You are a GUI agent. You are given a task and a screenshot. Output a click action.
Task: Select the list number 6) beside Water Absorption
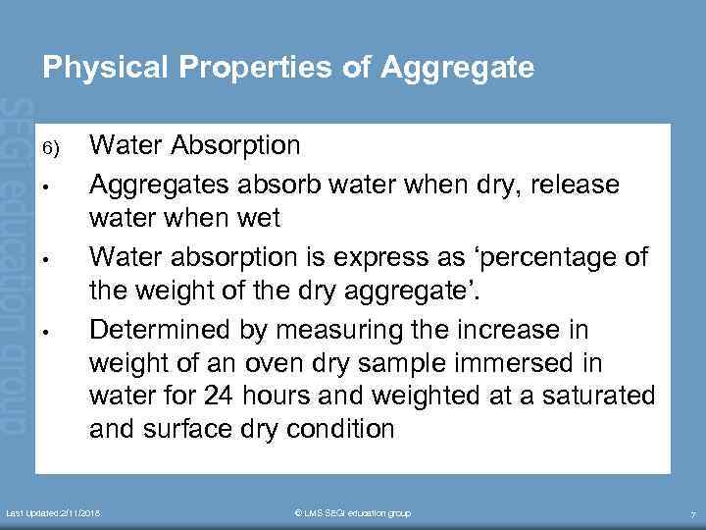(x=51, y=149)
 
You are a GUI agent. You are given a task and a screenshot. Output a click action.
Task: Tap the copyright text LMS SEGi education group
(x=353, y=513)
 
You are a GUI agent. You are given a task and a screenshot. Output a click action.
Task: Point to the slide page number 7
(x=692, y=514)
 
